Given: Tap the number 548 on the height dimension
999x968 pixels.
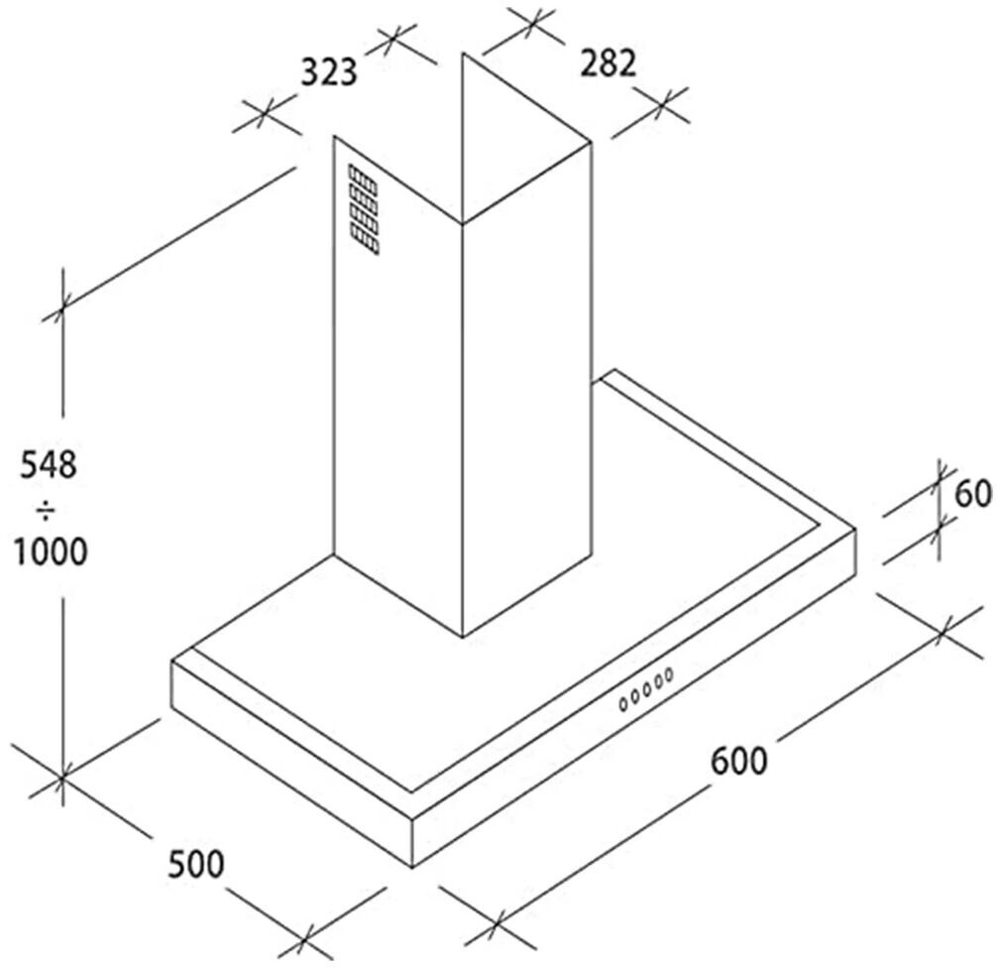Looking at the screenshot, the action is [x=48, y=464].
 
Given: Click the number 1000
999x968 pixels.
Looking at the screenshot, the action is [x=51, y=551].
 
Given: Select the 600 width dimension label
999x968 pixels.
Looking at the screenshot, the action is [x=738, y=761].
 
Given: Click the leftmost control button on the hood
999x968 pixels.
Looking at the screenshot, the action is [x=623, y=703].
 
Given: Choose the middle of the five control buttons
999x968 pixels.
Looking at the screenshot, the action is [x=646, y=690].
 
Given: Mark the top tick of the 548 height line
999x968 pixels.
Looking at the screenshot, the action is [x=63, y=309].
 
